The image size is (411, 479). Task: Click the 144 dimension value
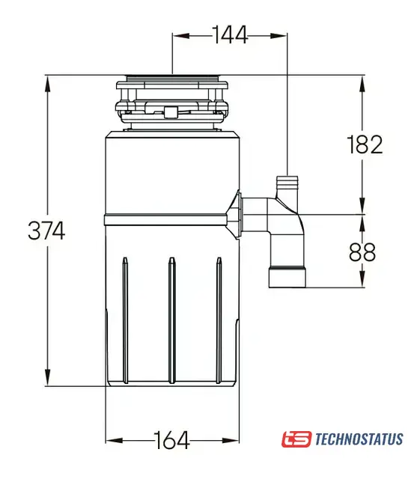[230, 35]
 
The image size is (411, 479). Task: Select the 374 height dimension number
[46, 231]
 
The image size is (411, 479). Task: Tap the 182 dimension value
[365, 144]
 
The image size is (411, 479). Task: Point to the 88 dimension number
[362, 252]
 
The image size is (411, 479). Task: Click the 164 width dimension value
[171, 440]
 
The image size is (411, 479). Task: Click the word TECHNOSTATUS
[359, 439]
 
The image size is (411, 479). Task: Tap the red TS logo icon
[296, 439]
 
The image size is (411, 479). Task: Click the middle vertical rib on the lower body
[172, 320]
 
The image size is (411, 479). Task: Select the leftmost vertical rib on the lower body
[125, 320]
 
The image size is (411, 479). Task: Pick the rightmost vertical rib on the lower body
[219, 320]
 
